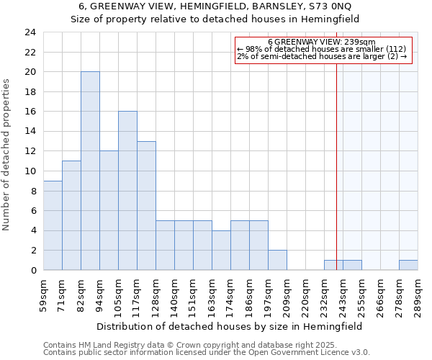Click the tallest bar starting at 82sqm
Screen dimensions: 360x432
[x=90, y=171]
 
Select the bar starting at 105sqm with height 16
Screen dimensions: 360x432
[x=127, y=191]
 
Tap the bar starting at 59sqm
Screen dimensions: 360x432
[x=53, y=225]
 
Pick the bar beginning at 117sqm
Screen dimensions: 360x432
[x=146, y=205]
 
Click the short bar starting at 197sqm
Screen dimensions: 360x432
[x=277, y=260]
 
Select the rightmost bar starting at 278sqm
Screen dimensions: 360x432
[x=408, y=265]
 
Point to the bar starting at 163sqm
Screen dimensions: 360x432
[x=221, y=250]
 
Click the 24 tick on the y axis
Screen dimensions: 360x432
[x=30, y=32]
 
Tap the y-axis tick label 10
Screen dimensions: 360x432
[x=30, y=171]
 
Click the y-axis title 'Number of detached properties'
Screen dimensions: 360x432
[x=7, y=155]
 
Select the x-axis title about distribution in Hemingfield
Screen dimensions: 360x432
[x=230, y=326]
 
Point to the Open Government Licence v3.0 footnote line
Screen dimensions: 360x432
[x=207, y=353]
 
